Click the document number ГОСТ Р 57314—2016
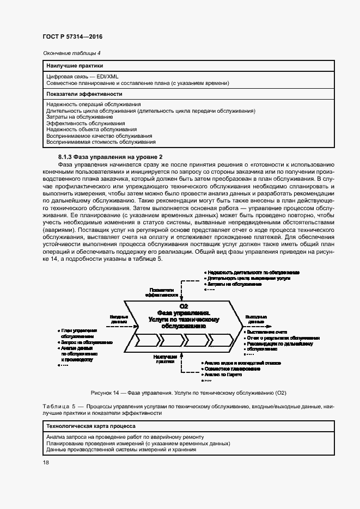tap(72, 37)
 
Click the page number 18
tap(46, 462)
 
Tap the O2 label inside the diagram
tap(183, 306)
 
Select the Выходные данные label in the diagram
tap(255, 319)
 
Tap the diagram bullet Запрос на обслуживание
tap(87, 342)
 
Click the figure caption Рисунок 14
tap(189, 393)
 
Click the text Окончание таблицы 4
tap(72, 53)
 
